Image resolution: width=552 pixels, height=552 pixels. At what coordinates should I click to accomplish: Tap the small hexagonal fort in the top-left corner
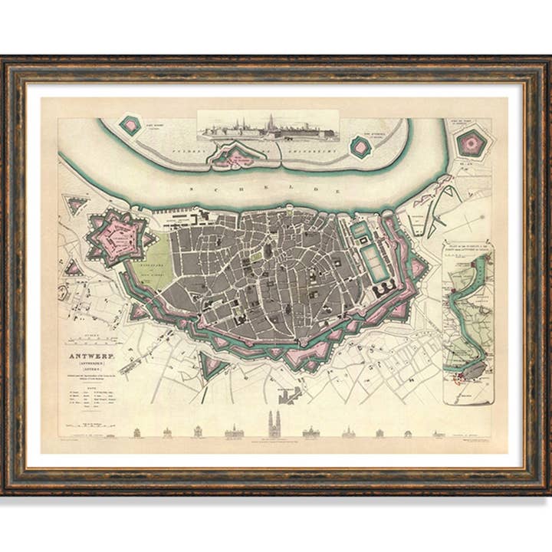click(x=131, y=126)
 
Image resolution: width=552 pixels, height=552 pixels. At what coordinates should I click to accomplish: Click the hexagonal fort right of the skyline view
click(x=360, y=145)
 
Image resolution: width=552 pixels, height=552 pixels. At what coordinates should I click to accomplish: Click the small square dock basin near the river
click(x=358, y=229)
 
